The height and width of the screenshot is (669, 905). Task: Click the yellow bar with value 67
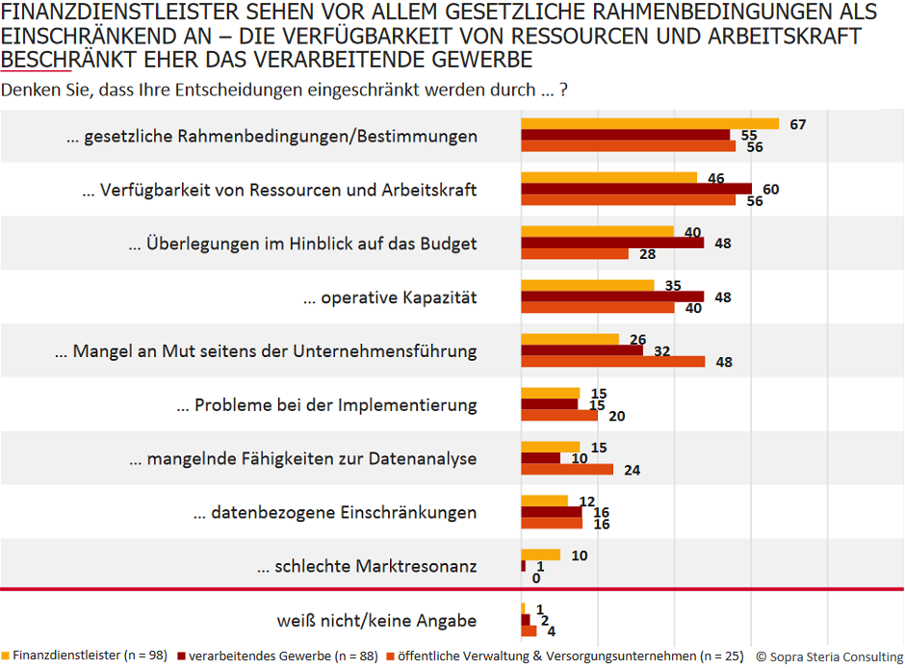click(x=650, y=124)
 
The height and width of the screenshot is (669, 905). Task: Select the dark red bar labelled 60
click(x=636, y=189)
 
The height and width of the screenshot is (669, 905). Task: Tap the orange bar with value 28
click(x=575, y=254)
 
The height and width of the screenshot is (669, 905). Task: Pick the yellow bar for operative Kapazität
click(x=587, y=286)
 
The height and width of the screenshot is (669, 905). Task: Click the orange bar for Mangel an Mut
click(x=612, y=362)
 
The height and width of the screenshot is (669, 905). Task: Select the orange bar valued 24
click(x=567, y=470)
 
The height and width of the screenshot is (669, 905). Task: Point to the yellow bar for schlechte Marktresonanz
click(x=540, y=554)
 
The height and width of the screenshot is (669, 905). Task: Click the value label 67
click(x=796, y=124)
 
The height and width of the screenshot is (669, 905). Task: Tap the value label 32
click(x=661, y=351)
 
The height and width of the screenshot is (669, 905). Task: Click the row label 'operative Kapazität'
click(x=390, y=298)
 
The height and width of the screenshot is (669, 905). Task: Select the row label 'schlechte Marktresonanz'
click(x=366, y=567)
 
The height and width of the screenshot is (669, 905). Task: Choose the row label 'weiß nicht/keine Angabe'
click(x=376, y=621)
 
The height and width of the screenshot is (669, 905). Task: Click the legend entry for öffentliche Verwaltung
click(x=567, y=656)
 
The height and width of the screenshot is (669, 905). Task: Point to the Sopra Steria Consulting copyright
click(x=829, y=656)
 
